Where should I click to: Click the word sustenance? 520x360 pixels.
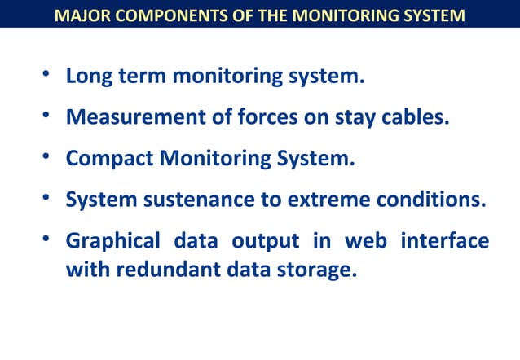coord(194,200)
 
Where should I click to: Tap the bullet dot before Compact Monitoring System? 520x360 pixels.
coord(47,158)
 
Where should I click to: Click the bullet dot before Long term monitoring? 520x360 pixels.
coord(47,77)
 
